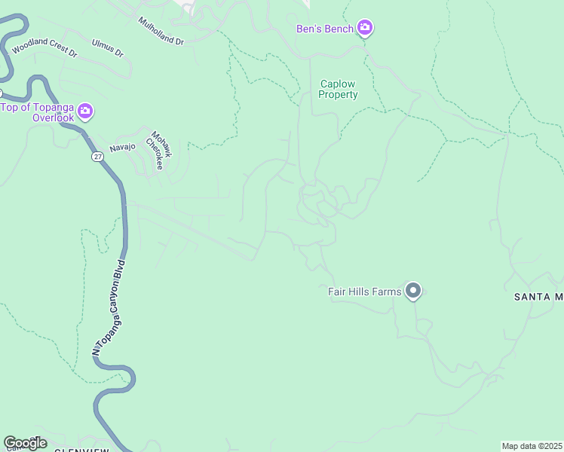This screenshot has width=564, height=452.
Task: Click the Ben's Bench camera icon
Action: pos(365,28)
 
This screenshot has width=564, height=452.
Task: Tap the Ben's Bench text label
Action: pos(324,29)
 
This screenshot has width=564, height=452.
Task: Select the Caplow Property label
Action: pos(338,90)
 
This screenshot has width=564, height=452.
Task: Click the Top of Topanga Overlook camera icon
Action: pos(85,111)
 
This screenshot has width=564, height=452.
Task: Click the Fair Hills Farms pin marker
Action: pos(412,290)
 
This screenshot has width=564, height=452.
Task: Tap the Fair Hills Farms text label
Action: pos(365,292)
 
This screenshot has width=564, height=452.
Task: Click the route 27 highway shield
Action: pos(98,156)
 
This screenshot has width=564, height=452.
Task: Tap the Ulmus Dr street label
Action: pos(107,48)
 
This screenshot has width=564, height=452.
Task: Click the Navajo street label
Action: pos(121,147)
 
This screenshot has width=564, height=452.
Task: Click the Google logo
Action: pos(26,442)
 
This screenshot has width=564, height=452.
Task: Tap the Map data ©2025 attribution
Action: pos(532,446)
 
